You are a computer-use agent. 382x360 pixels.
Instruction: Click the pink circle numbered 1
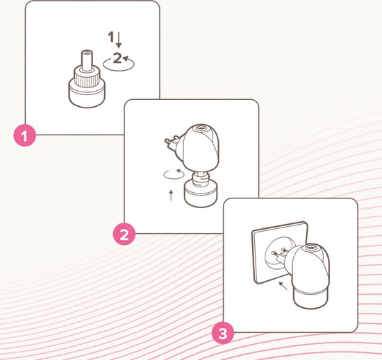click(x=24, y=135)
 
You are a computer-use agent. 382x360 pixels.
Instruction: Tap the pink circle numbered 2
click(x=124, y=234)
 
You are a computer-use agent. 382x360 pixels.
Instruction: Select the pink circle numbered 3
click(x=223, y=333)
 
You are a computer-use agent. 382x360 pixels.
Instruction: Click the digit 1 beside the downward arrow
click(x=111, y=37)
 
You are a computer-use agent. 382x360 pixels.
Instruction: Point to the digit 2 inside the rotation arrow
click(x=117, y=58)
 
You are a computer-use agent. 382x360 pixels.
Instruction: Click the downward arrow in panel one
click(x=119, y=40)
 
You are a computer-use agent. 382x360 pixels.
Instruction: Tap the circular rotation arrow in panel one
click(x=119, y=64)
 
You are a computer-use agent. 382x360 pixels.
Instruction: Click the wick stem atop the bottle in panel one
click(x=87, y=60)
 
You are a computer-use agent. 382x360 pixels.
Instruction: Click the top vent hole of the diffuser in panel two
click(x=200, y=128)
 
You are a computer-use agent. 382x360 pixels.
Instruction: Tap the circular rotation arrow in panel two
click(x=174, y=174)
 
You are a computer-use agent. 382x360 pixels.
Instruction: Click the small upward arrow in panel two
click(x=171, y=196)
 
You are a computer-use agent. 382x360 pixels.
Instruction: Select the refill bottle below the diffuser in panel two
click(x=201, y=189)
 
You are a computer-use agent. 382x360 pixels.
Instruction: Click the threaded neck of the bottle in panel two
click(x=201, y=177)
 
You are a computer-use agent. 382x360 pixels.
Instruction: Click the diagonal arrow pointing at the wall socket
click(x=283, y=286)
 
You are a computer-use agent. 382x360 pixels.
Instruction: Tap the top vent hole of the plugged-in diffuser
click(x=310, y=248)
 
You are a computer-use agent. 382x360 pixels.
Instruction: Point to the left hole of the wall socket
click(x=274, y=252)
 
